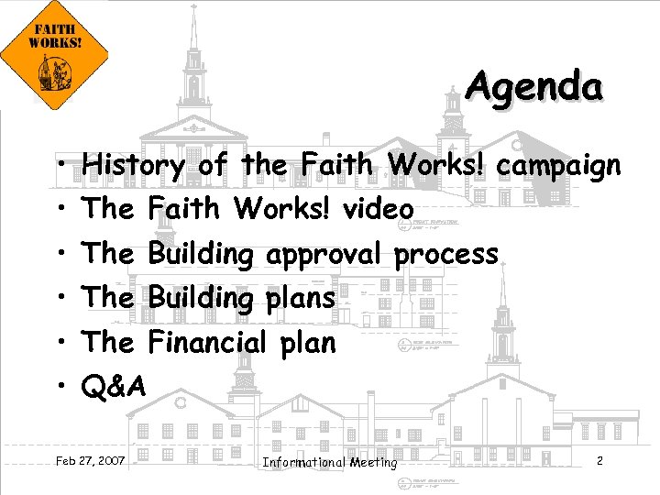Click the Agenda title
point(533,88)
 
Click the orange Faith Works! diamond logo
point(54,58)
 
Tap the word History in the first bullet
point(133,166)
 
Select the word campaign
point(559,166)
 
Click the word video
point(378,209)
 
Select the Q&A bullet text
point(114,387)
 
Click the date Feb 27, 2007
point(91,458)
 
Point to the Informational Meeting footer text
point(330,462)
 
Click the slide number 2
point(599,460)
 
